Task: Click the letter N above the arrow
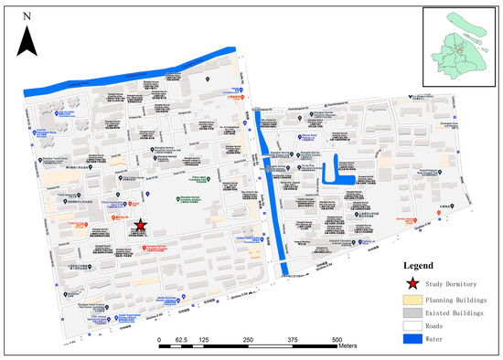coord(29,16)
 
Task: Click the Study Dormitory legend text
coord(452,283)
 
